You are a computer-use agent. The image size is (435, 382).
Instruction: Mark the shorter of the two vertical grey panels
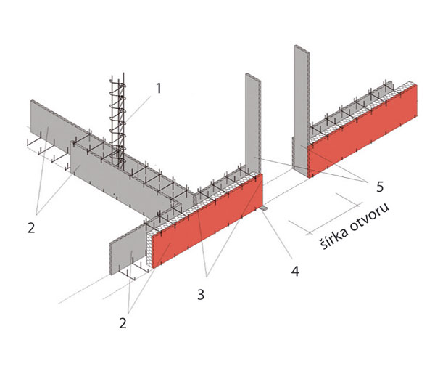coord(252,123)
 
